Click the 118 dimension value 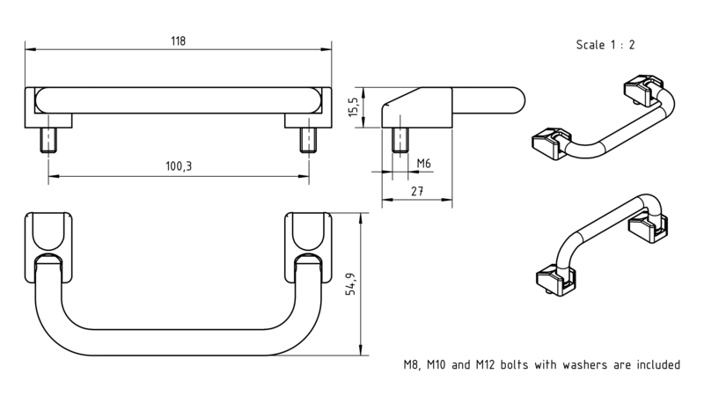178,41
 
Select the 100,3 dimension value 179,166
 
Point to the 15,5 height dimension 354,106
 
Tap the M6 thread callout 424,163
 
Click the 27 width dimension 417,191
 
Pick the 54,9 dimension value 350,283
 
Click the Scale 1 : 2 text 605,45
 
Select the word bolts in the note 514,364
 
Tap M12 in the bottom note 485,364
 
